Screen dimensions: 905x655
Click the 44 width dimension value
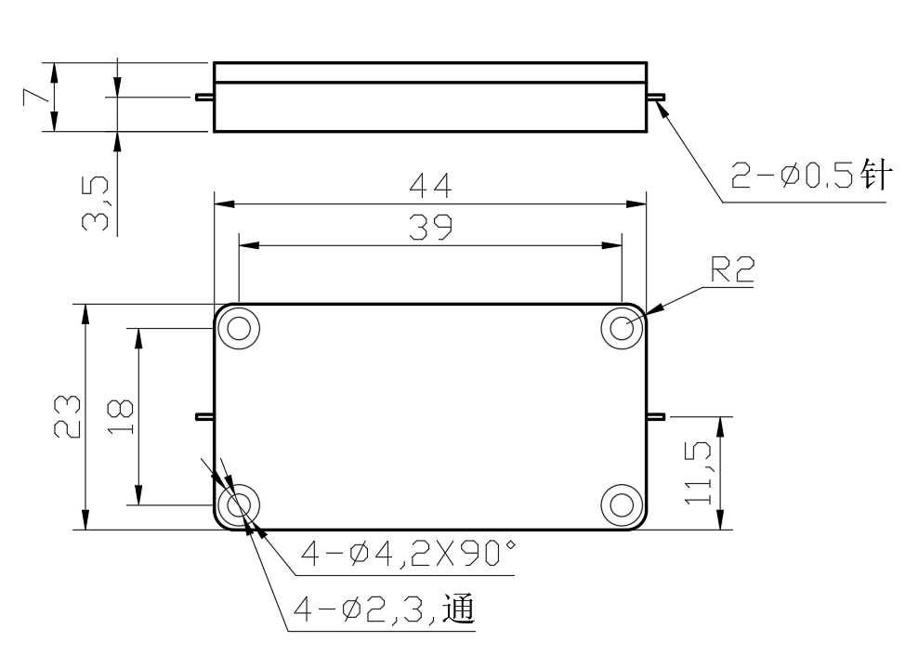[x=430, y=186]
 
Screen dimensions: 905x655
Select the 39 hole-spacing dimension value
[x=430, y=228]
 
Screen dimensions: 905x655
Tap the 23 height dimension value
[x=68, y=416]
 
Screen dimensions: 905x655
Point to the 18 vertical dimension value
[x=120, y=416]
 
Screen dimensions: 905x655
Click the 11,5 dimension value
[x=699, y=473]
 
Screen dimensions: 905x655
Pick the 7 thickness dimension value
[x=36, y=97]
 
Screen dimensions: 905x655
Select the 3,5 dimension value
[x=95, y=204]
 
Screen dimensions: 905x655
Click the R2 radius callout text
[x=732, y=269]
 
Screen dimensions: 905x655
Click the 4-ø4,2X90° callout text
[x=408, y=554]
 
